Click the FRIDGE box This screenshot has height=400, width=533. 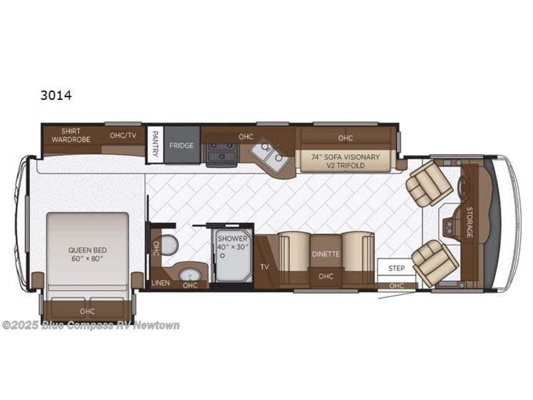181,146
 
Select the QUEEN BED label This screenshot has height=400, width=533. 87,254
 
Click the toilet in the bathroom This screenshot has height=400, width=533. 169,245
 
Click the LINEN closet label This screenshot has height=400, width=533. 161,284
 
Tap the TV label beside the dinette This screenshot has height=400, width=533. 264,266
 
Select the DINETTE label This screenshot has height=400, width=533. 325,254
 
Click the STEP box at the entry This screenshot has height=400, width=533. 397,269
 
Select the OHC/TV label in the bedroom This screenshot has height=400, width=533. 123,135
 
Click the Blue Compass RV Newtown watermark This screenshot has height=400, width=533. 91,326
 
